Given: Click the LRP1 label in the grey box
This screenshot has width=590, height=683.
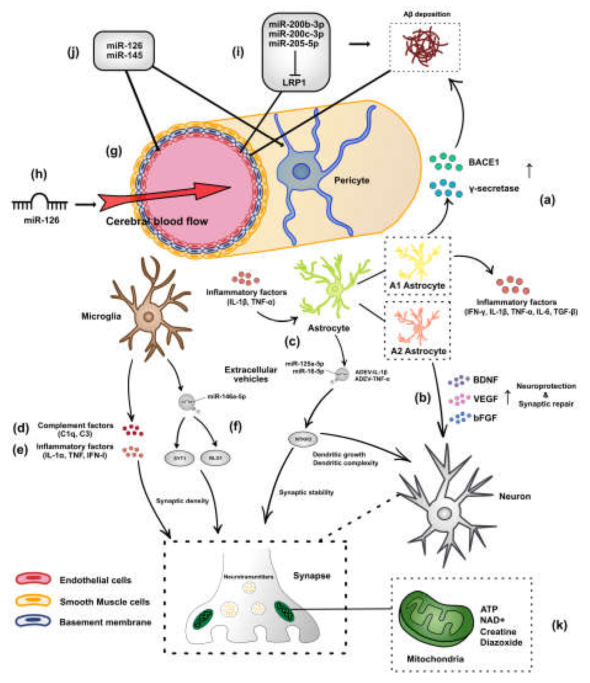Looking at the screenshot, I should coord(294,82).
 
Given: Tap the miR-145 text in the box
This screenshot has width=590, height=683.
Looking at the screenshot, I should coord(124,55).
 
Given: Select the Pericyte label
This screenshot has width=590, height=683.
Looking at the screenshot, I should coord(352,180).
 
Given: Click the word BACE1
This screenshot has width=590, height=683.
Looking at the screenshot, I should coord(483,162).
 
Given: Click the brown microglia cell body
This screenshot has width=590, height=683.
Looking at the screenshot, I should coord(149,317).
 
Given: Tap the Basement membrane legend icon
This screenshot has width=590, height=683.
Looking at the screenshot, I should coord(33,621).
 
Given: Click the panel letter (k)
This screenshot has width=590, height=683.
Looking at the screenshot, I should coord(559,625).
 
